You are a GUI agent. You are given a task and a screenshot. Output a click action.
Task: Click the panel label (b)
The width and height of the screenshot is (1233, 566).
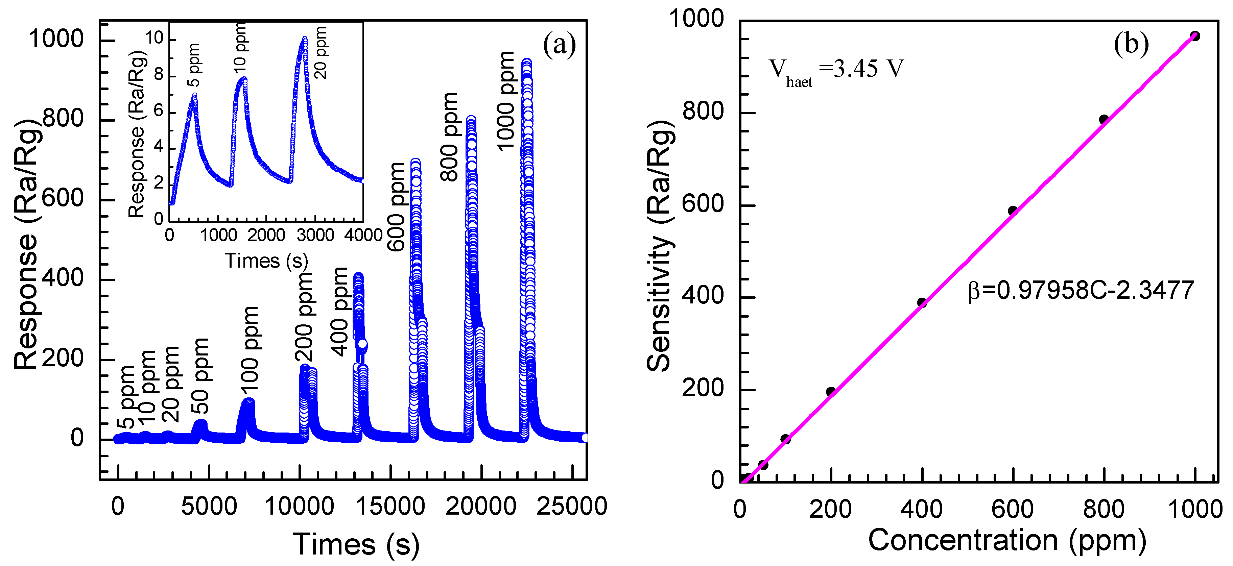coord(1131,44)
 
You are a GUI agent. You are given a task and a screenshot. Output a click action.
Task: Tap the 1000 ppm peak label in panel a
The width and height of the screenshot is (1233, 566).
coord(505,101)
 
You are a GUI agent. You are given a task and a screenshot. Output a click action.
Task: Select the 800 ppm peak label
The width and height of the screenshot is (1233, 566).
coord(449,137)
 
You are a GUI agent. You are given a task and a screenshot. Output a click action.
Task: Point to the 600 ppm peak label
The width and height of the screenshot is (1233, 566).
coord(396,207)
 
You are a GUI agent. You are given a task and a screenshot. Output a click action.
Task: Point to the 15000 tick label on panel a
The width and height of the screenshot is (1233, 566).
coord(390,507)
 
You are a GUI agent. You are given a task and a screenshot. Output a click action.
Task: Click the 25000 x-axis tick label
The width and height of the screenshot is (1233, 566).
coord(571,507)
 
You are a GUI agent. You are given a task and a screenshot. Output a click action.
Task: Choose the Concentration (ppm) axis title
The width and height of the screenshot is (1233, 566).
coord(1007,541)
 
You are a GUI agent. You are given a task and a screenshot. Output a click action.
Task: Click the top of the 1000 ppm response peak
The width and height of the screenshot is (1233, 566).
coord(526,63)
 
